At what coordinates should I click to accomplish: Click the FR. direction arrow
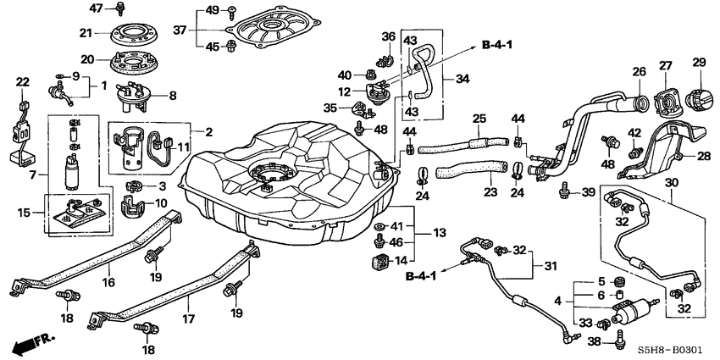[30, 345]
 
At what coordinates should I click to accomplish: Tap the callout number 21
[85, 33]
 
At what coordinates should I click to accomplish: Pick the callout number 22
[22, 81]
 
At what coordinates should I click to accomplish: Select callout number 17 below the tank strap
[188, 320]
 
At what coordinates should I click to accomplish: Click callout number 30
[672, 182]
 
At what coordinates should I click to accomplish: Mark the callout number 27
[665, 65]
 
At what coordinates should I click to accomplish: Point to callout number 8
[173, 96]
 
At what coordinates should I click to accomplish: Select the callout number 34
[462, 79]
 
